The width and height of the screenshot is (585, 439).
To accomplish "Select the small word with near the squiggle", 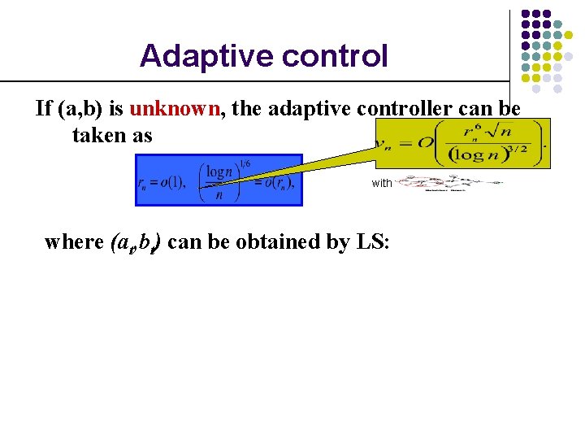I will [x=382, y=183].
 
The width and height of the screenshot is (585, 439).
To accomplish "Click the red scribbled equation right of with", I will [x=448, y=184].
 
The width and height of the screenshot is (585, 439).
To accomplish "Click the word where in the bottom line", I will [x=74, y=241].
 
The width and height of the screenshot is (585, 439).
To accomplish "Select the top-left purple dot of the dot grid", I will [x=526, y=15].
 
